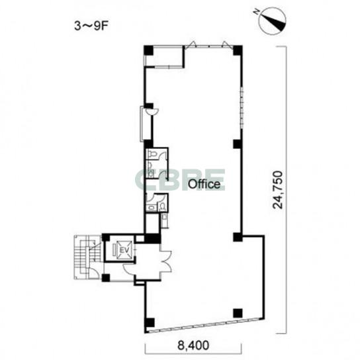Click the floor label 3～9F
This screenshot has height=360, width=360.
91,26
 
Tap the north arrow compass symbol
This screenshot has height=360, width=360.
272,21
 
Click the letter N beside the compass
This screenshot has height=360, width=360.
257,12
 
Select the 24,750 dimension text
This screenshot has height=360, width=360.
278,190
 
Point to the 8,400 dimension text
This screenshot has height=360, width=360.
193,345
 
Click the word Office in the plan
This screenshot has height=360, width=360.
204,184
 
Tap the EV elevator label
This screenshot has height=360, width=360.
125,250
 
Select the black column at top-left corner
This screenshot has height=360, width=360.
148,50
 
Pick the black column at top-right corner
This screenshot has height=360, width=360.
238,50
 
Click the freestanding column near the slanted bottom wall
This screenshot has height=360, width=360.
238,313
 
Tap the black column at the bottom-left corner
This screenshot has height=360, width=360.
150,322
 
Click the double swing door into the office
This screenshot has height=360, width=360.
166,262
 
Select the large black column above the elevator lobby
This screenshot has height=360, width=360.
152,238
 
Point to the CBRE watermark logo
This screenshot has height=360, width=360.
180,180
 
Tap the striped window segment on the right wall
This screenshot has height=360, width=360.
242,108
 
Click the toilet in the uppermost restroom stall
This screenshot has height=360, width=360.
152,154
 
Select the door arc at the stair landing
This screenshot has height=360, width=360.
94,273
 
